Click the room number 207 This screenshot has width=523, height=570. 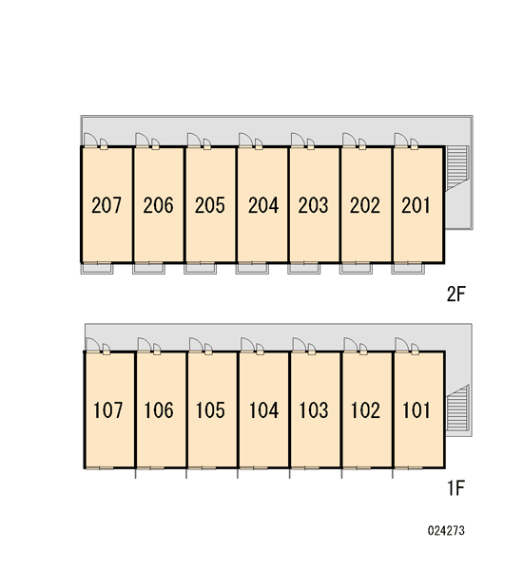(107, 205)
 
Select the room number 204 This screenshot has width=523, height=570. (263, 205)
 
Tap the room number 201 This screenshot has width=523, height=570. (416, 205)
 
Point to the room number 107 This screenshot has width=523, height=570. (108, 410)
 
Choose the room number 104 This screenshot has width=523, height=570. (263, 410)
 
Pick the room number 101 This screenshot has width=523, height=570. (416, 410)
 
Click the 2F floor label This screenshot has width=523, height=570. (456, 294)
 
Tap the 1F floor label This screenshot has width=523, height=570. (455, 488)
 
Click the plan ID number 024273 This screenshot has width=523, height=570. (446, 531)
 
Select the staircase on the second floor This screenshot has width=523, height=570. (456, 167)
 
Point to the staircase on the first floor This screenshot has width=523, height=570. (457, 408)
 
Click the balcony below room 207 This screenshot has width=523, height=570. (97, 269)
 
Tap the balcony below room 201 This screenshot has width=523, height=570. (408, 269)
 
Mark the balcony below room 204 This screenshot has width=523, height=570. (252, 269)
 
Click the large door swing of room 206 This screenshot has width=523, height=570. (143, 140)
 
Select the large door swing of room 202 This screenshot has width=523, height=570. (349, 140)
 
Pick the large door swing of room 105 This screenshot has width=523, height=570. (196, 345)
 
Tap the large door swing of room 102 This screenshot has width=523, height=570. (351, 345)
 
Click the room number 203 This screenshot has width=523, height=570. (314, 205)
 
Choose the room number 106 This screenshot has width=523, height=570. (159, 410)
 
